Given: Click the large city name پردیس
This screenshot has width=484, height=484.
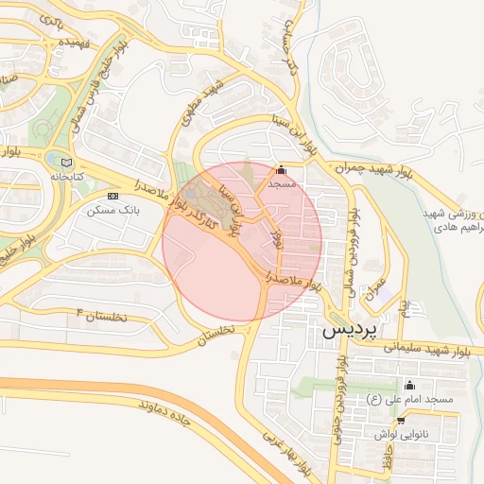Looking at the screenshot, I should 349,332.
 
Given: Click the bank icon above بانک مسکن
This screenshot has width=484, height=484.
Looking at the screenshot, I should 113,196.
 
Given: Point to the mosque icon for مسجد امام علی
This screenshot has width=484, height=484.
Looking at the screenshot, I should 409,386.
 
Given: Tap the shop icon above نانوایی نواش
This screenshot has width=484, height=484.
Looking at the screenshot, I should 401,420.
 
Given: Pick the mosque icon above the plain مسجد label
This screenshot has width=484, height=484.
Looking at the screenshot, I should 282,170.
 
